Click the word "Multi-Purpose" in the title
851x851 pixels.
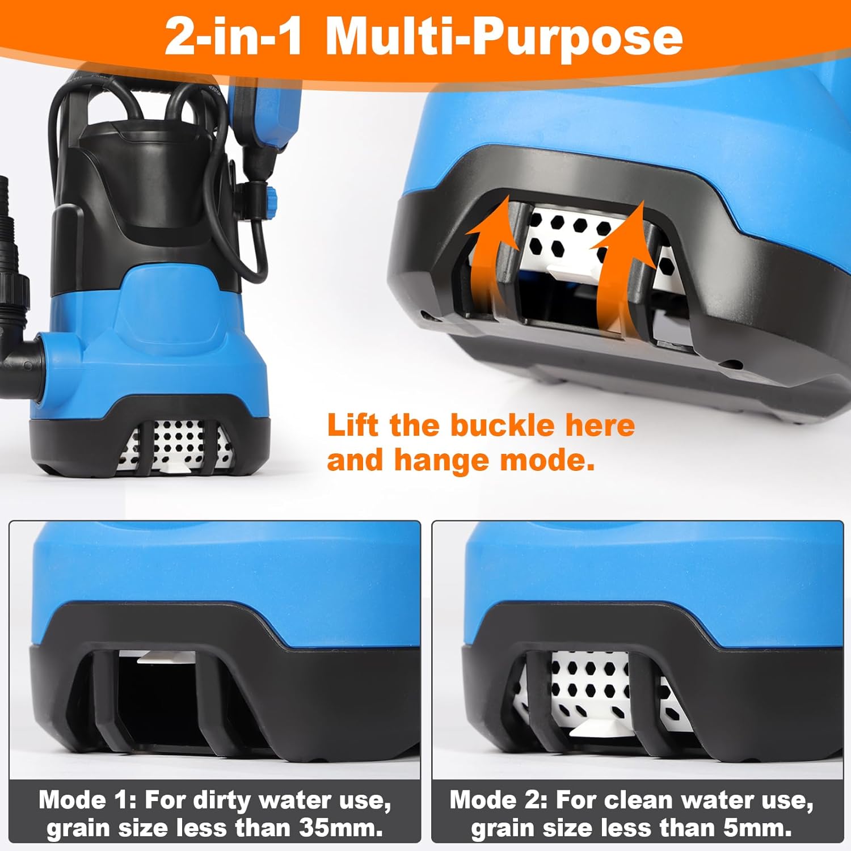click(504, 37)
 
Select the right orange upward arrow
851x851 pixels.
click(621, 267)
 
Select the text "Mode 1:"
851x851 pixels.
click(88, 800)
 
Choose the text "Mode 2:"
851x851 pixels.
click(499, 800)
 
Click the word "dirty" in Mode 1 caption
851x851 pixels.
click(222, 801)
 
